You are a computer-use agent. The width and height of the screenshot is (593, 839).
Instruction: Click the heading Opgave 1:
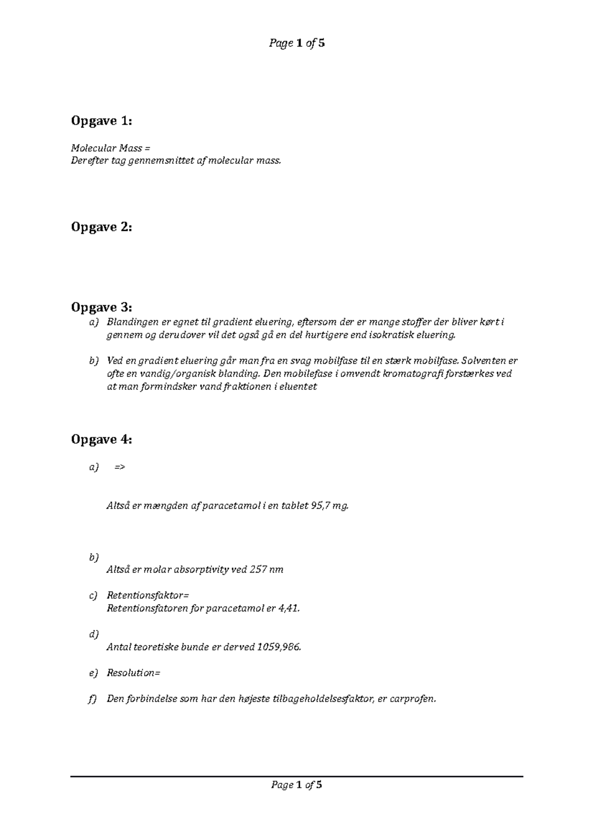pos(101,121)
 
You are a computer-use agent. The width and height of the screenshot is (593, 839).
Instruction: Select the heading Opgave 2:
pos(101,227)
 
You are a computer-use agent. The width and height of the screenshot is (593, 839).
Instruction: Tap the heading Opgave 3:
pos(101,307)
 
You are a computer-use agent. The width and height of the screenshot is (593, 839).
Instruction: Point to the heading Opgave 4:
pos(101,439)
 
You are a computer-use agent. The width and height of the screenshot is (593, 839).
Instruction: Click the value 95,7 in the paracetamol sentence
pos(322,505)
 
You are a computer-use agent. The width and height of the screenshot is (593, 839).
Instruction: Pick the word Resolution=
pos(134,672)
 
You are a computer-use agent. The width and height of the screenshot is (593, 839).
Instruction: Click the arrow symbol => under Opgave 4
pos(120,467)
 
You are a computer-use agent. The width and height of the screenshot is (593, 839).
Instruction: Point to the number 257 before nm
pos(258,569)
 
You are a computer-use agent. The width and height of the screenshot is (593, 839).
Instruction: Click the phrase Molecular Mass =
pos(110,148)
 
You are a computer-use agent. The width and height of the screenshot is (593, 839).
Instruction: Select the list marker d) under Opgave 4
pos(94,634)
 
